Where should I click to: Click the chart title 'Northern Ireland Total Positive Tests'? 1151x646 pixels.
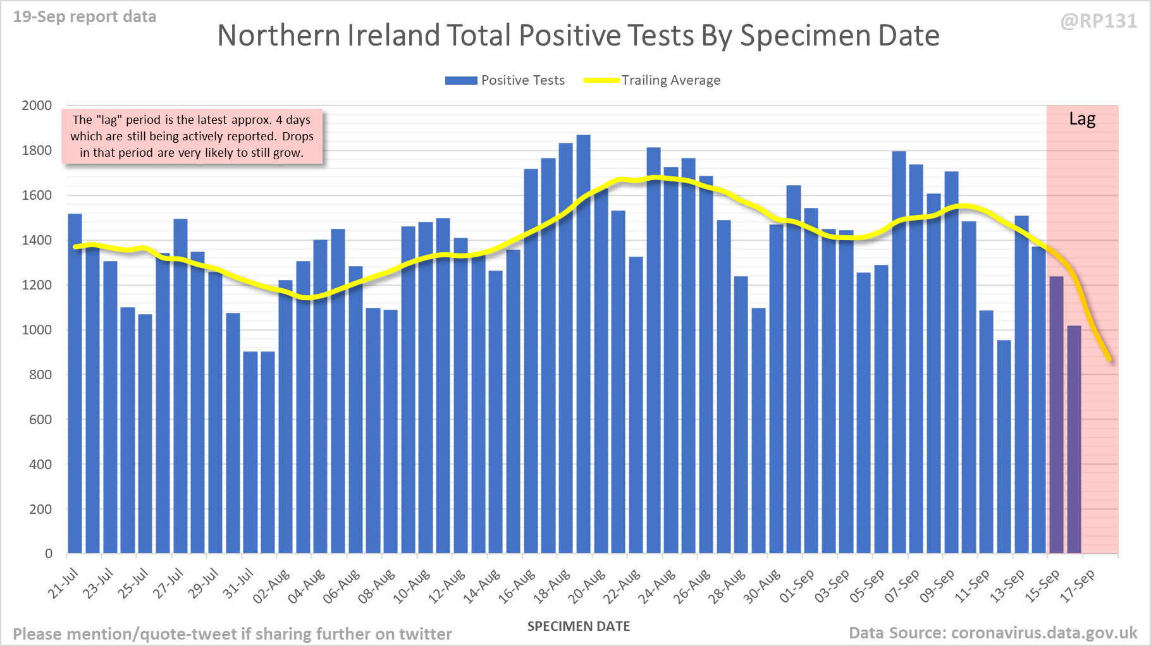pos(578,35)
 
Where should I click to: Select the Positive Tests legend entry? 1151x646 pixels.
pos(505,80)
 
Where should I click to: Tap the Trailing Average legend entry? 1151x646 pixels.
pos(652,80)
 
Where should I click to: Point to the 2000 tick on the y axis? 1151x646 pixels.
pos(37,106)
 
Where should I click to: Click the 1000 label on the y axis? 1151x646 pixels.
pos(37,330)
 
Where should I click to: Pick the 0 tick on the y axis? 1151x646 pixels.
pos(48,554)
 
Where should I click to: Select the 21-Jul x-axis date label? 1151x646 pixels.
pos(63,583)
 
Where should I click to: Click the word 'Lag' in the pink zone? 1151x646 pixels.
pos(1082,119)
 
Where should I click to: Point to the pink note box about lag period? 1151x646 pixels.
pos(192,137)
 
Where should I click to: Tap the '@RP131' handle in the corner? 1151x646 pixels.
pos(1099,21)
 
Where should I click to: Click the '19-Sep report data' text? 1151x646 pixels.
pos(85,17)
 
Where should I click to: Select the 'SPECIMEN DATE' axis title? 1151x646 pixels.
pos(579,626)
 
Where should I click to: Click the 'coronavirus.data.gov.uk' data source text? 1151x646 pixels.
pos(1043,633)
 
